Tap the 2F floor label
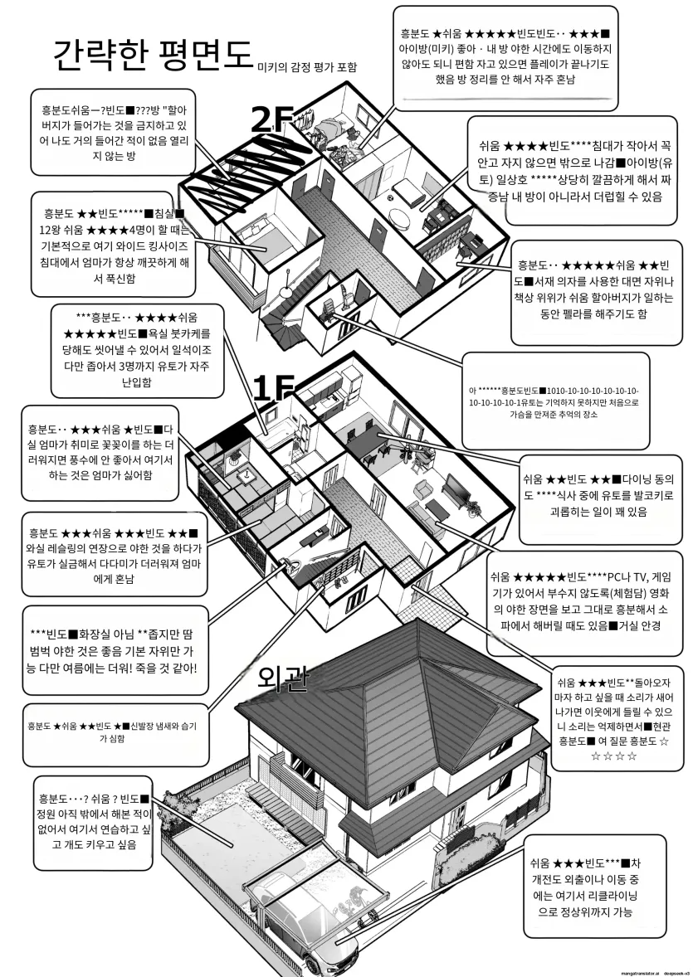pyautogui.click(x=272, y=122)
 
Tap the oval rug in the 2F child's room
pyautogui.click(x=399, y=221)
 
